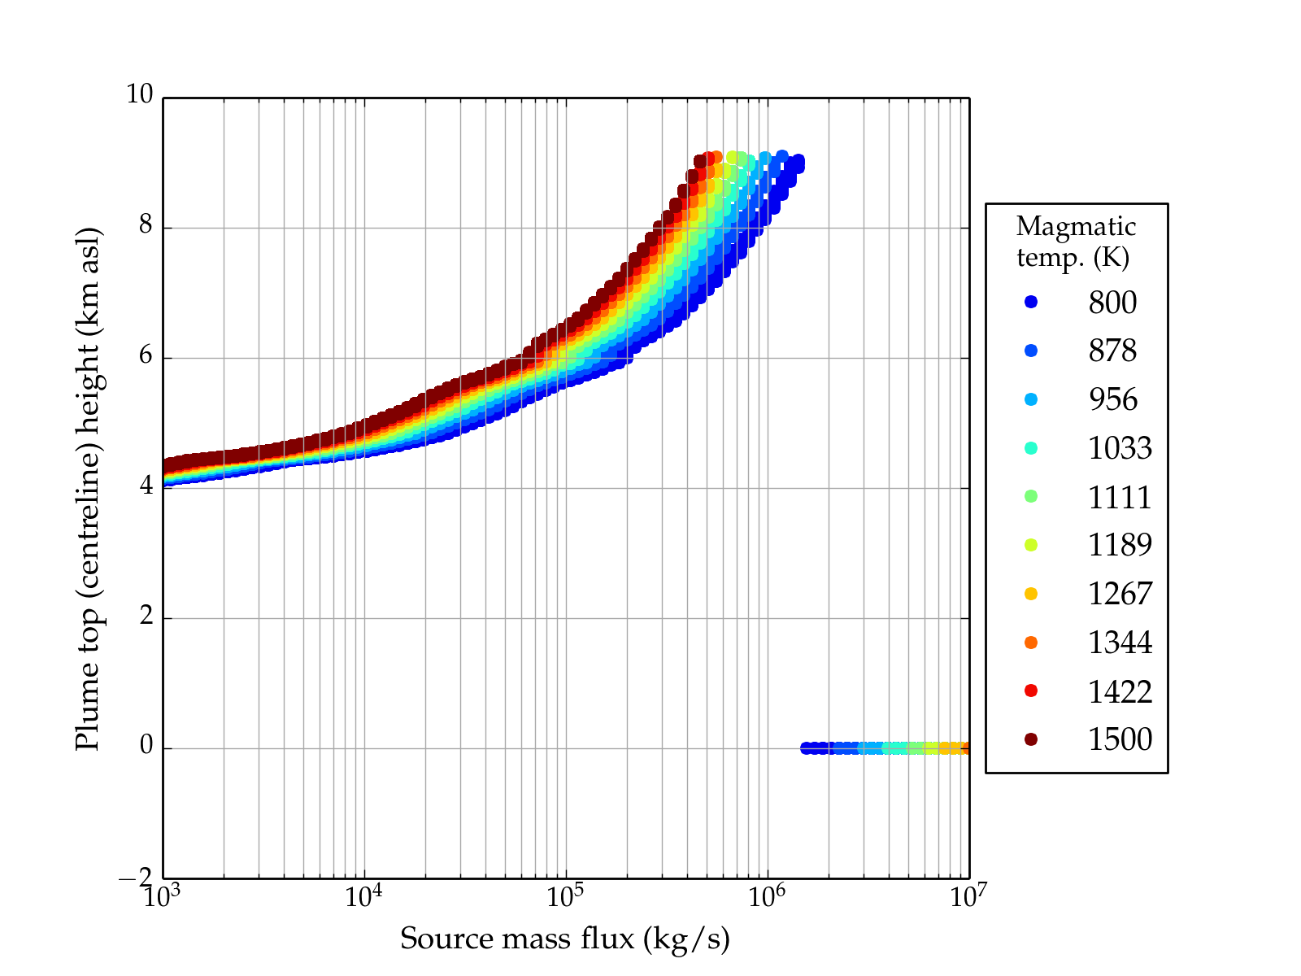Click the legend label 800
[1112, 303]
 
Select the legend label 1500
[1120, 739]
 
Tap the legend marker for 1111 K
[1031, 496]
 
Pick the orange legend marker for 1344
[1031, 643]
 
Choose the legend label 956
[1112, 399]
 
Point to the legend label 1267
[1120, 594]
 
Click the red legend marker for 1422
[1031, 691]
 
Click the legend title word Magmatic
[1076, 226]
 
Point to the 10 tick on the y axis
[139, 94]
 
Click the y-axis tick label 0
[146, 746]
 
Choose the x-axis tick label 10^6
[766, 896]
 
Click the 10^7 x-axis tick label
[968, 896]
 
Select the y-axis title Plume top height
[87, 488]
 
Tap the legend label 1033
[1120, 448]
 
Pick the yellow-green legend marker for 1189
[1031, 545]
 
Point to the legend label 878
[1112, 351]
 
